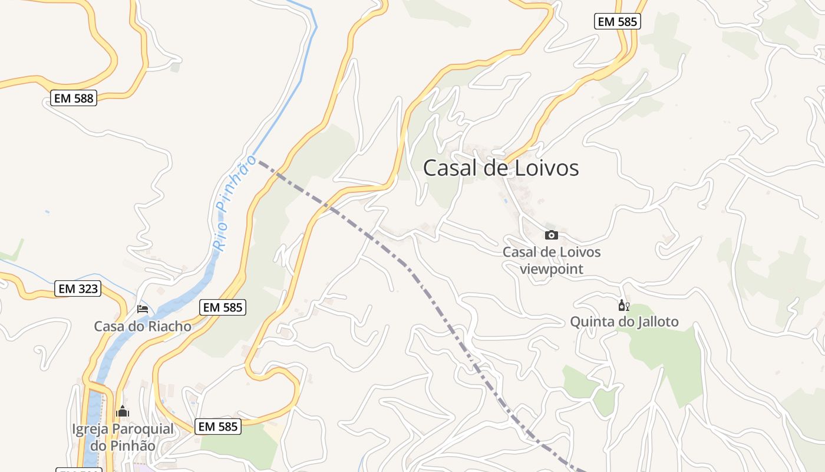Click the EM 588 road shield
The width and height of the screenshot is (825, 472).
(x=74, y=99)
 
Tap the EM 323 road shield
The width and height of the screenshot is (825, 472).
(x=78, y=289)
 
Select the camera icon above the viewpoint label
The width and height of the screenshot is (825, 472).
(x=551, y=235)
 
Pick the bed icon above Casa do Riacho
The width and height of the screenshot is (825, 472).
(x=143, y=309)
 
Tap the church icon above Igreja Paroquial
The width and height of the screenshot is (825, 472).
(x=123, y=411)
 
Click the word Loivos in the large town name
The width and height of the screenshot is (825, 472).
(x=540, y=168)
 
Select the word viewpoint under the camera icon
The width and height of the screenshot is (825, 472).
(x=552, y=269)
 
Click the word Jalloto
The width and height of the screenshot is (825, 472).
(x=655, y=322)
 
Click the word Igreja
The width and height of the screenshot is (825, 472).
(x=90, y=429)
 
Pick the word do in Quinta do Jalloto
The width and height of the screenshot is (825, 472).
(x=621, y=322)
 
